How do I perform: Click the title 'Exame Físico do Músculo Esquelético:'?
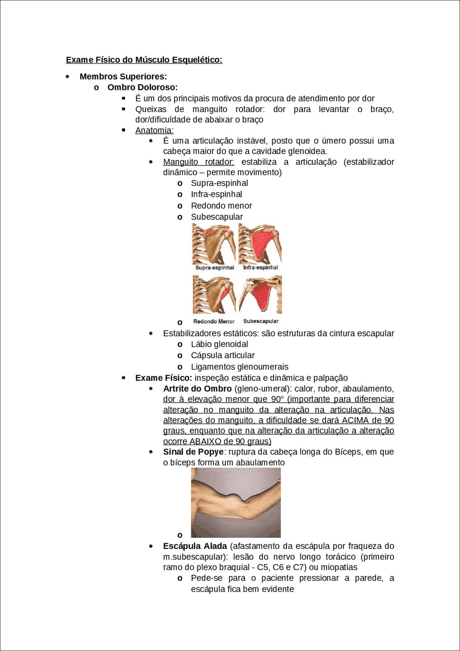144,60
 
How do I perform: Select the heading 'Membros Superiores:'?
123,77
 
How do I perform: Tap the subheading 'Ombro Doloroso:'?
143,87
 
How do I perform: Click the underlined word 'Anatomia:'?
154,130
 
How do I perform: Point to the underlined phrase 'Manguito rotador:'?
198,162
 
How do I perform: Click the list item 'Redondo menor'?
221,206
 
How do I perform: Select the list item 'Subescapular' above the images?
217,217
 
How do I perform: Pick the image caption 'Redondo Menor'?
214,321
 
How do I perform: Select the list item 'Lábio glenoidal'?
219,344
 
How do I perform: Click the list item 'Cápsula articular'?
223,355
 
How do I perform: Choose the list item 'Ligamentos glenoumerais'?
240,367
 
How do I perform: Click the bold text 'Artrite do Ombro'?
197,389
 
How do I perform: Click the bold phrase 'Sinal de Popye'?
193,452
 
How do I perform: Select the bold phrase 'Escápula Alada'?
195,546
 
